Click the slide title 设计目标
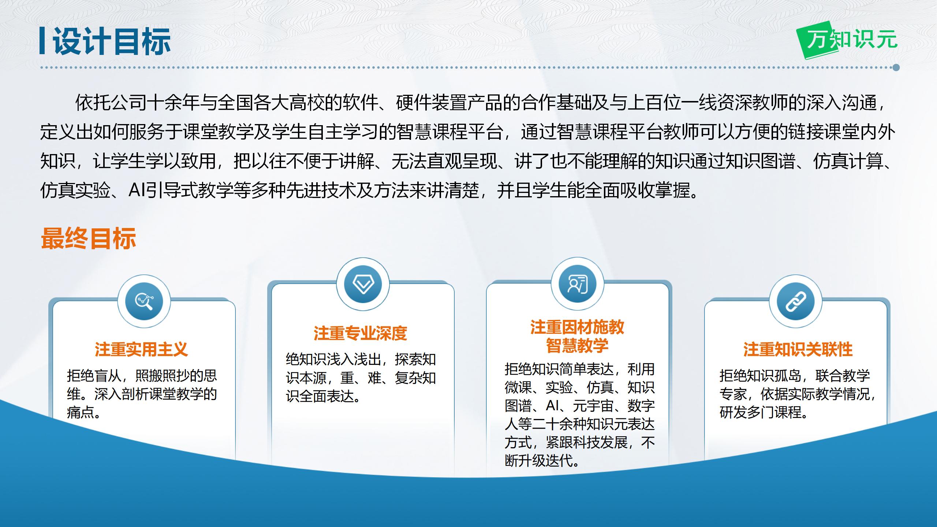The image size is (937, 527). [112, 42]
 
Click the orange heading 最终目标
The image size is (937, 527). [89, 239]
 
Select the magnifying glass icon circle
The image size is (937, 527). [144, 302]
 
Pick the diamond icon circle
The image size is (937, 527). [363, 284]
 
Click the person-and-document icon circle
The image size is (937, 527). [578, 284]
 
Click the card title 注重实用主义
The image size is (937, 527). [141, 349]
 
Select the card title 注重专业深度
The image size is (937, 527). [361, 333]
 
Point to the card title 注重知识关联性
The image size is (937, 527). [798, 350]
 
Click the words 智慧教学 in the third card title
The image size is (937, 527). [577, 345]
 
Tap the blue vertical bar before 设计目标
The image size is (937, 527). [42, 41]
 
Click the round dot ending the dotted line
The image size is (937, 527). [896, 67]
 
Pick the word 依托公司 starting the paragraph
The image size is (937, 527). [111, 102]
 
